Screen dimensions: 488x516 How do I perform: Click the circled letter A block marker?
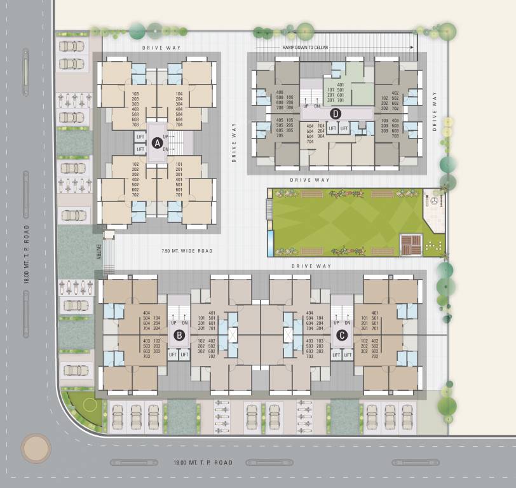point(157,143)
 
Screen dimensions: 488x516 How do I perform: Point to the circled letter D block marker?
point(336,114)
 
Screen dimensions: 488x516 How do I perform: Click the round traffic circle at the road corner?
point(36,448)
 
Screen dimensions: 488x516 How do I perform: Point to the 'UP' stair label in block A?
point(166,137)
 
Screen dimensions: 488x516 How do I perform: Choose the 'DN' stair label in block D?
point(317,106)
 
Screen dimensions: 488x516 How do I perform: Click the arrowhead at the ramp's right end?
point(412,48)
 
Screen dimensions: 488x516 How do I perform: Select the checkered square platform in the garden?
point(411,244)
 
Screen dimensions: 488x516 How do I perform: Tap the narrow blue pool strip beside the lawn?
point(271,241)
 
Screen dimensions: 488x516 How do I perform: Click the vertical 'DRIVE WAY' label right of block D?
point(435,111)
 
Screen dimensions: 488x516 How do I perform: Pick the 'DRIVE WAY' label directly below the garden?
point(313,267)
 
